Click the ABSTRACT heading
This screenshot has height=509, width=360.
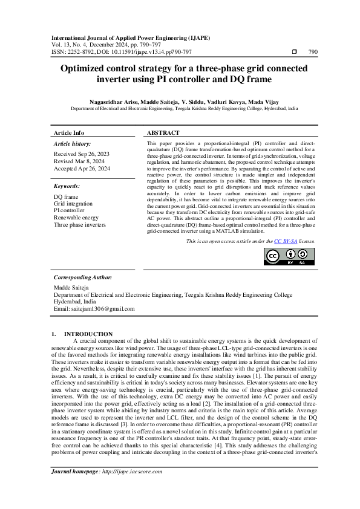click(x=163, y=132)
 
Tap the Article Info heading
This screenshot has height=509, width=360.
click(x=69, y=132)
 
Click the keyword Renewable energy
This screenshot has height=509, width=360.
click(x=76, y=217)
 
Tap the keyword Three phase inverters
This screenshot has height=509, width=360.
click(x=79, y=224)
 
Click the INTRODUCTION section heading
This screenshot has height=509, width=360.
click(x=88, y=334)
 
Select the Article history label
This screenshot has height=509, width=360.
click(x=72, y=144)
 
